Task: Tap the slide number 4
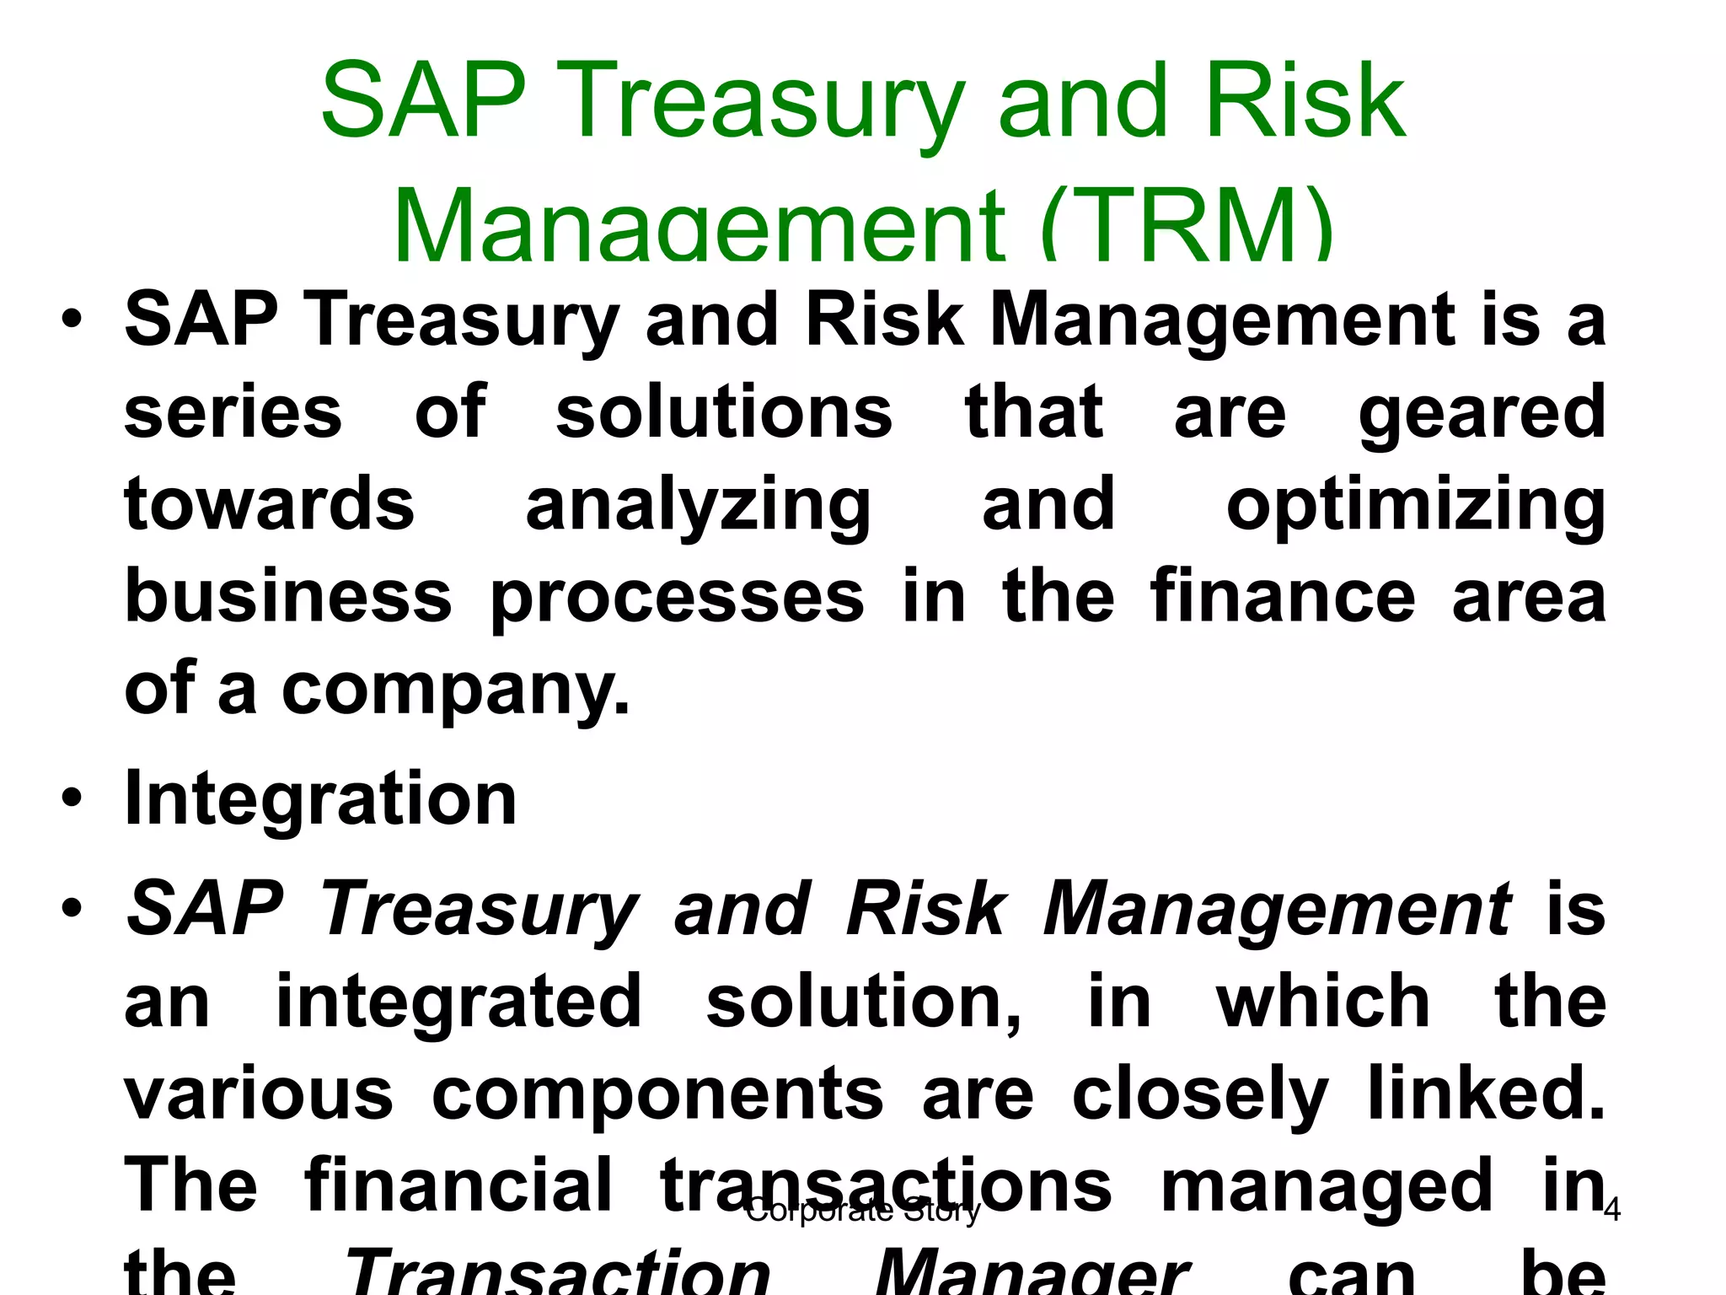1611,1211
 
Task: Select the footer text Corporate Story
863,1211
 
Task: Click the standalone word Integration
320,798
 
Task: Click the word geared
1482,413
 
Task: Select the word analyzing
698,506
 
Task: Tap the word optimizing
1415,506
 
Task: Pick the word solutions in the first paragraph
723,413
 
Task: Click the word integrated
459,1002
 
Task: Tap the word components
657,1094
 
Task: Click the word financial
458,1185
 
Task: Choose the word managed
1327,1186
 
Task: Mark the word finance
1283,597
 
